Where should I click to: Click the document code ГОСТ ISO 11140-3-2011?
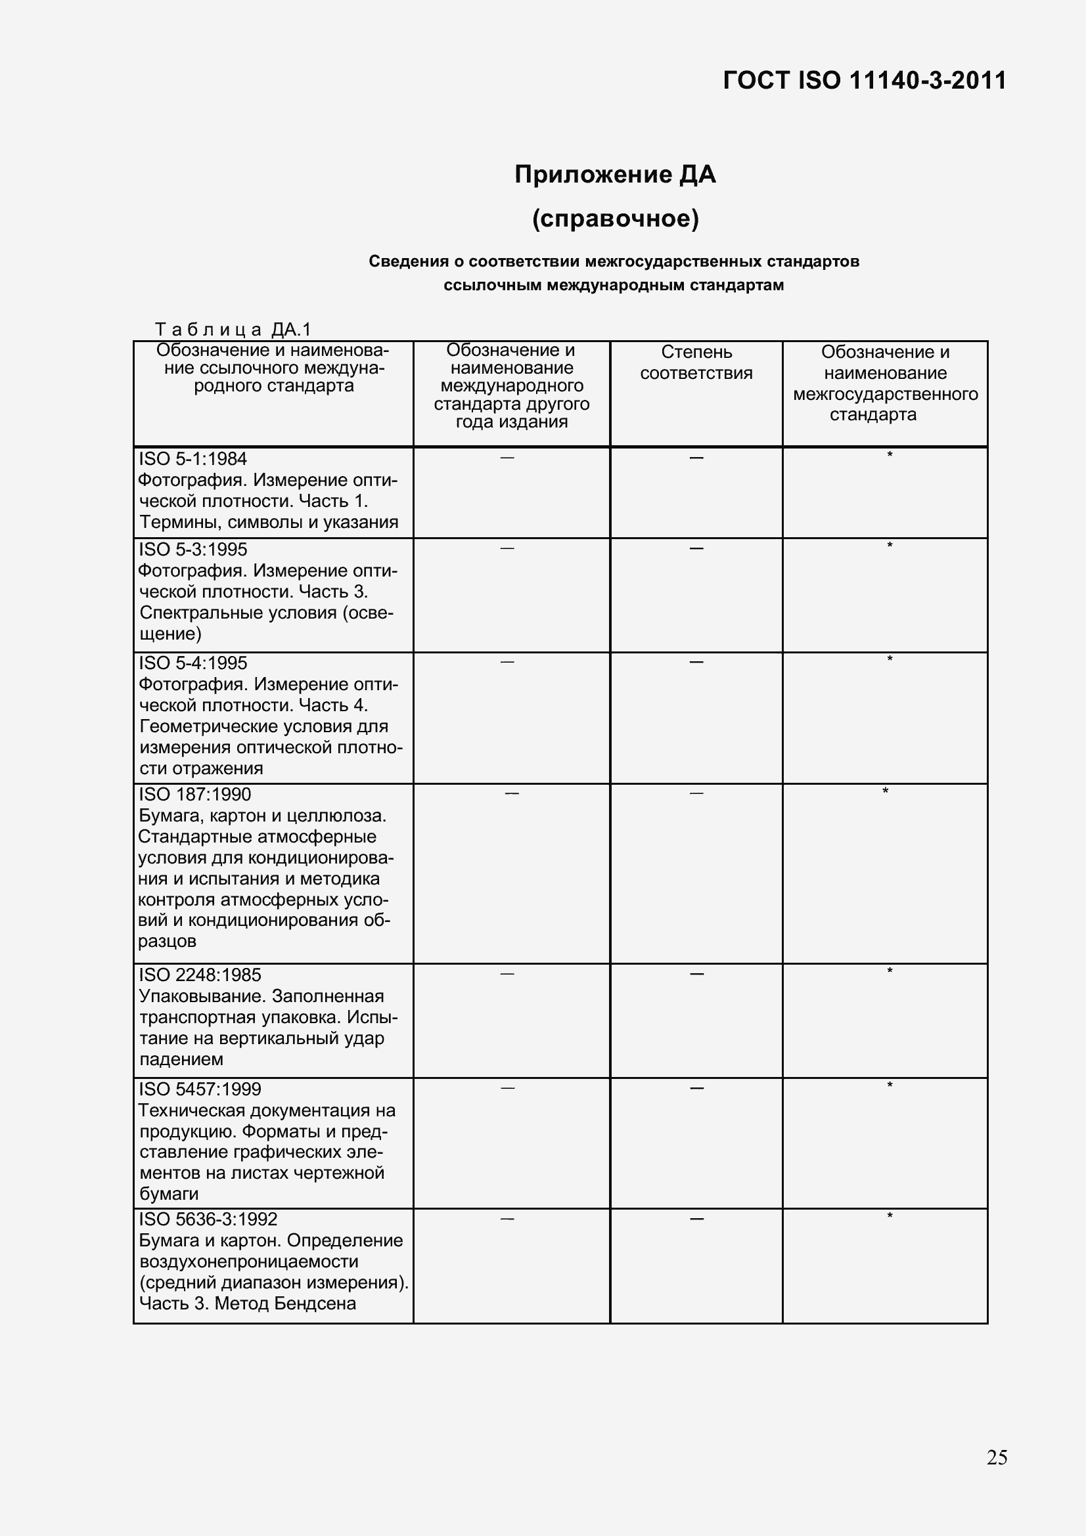[x=864, y=81]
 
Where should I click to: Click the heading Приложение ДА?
[x=615, y=175]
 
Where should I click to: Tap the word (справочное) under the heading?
[x=615, y=219]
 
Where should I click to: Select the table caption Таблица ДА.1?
[x=233, y=329]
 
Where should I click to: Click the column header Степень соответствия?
[x=696, y=362]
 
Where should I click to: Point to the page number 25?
[x=997, y=1457]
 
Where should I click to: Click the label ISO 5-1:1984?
[x=192, y=459]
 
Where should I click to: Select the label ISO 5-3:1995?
[x=192, y=549]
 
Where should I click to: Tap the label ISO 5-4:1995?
[x=192, y=663]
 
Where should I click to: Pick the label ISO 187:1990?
[x=194, y=794]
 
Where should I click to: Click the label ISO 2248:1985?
[x=200, y=975]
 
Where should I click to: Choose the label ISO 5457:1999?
[x=200, y=1088]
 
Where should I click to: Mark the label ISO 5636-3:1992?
[x=208, y=1219]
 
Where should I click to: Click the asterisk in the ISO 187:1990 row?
[x=885, y=792]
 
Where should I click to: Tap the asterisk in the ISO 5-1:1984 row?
[x=890, y=456]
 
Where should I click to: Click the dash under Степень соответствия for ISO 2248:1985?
[x=696, y=974]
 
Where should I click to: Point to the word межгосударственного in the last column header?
[x=885, y=394]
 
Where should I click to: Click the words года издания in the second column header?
[x=511, y=422]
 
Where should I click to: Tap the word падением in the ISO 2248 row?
[x=181, y=1059]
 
